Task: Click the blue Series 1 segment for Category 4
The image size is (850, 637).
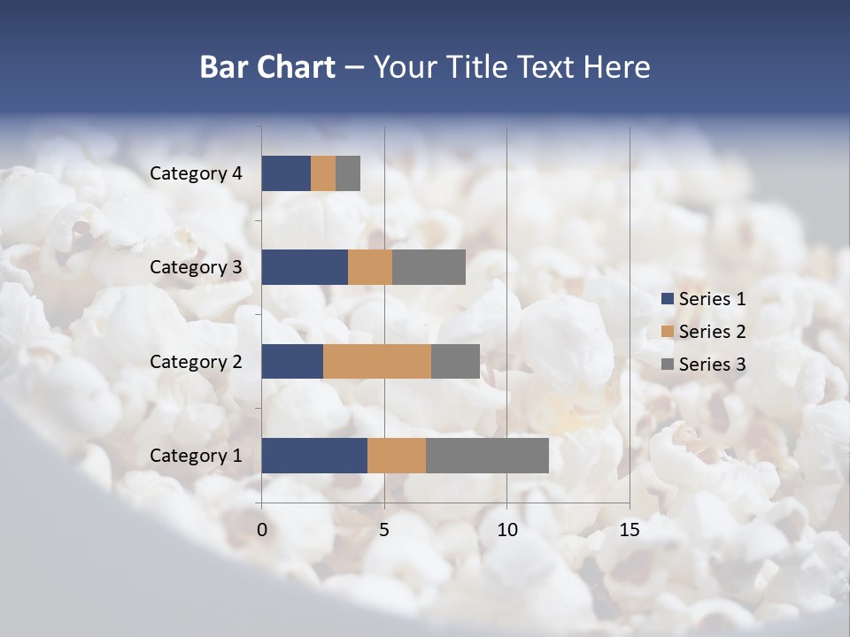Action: (x=286, y=173)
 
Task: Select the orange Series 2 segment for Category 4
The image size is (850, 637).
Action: (x=323, y=173)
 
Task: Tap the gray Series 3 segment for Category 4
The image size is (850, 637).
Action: (x=348, y=173)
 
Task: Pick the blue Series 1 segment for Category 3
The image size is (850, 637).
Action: (x=305, y=267)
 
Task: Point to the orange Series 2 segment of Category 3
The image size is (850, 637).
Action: (x=370, y=267)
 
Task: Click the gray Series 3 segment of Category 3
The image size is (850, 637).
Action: (x=429, y=267)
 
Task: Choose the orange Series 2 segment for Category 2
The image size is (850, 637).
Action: (x=377, y=361)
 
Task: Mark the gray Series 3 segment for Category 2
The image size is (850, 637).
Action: (x=455, y=361)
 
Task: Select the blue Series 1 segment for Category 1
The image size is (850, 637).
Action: (x=314, y=456)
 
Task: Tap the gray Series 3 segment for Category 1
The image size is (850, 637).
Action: (x=487, y=456)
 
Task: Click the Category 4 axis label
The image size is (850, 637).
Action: (x=196, y=173)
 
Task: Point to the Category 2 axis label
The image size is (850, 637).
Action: (x=196, y=361)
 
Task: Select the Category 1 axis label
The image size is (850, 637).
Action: (x=196, y=456)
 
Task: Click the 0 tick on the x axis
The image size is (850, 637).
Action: (x=262, y=530)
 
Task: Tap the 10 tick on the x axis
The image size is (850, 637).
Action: (x=506, y=530)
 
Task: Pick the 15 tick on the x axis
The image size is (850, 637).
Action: (x=629, y=530)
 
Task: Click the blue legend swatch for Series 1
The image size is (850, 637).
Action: (x=668, y=299)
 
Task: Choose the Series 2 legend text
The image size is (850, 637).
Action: (x=712, y=332)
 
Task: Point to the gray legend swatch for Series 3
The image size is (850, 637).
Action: (x=668, y=365)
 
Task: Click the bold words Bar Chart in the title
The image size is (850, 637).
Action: (x=267, y=67)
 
